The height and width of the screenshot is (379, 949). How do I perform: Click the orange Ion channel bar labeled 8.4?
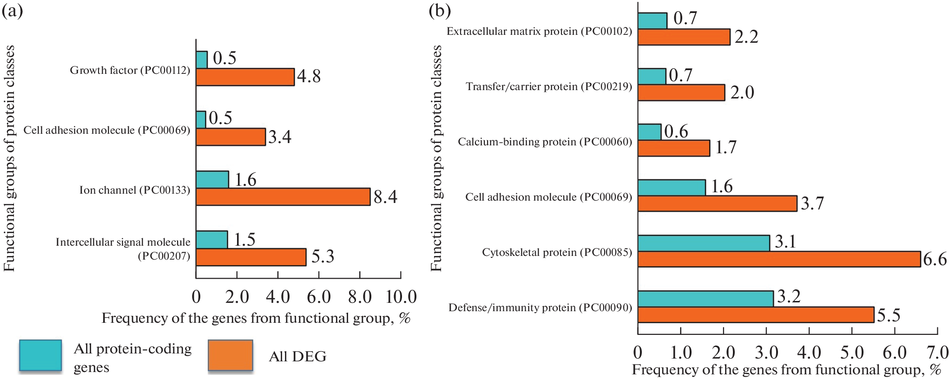coord(283,196)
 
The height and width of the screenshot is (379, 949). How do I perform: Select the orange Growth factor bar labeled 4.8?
coord(245,77)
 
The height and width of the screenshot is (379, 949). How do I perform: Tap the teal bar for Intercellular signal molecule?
coord(212,240)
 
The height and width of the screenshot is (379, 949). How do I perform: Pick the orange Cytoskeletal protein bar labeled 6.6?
coord(779,259)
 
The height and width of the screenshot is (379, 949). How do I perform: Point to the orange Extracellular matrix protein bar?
coord(684,37)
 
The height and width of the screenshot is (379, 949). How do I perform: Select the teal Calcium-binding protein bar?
coord(649,132)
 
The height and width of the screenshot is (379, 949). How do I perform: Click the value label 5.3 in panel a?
coord(323,256)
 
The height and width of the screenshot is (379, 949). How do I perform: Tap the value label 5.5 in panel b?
coord(889,315)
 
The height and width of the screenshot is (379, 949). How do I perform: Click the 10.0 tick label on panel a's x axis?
coord(401,297)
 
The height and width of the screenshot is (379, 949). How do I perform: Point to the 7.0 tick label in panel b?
coord(937,353)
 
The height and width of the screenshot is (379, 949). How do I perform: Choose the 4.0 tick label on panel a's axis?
coord(278,297)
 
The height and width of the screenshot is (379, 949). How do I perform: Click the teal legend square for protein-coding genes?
coord(40,356)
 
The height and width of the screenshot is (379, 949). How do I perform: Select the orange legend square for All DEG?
coord(231,356)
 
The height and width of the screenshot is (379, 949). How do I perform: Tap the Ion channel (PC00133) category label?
coord(135,190)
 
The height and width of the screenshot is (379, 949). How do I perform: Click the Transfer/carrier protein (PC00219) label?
coord(549,86)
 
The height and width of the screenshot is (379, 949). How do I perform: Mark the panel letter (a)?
coord(12,10)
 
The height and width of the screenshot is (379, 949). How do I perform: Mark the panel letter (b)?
coord(440,10)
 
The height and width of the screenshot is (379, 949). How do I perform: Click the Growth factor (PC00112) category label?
coord(130,70)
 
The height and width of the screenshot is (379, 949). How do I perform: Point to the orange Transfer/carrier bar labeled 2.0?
coord(681,92)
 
